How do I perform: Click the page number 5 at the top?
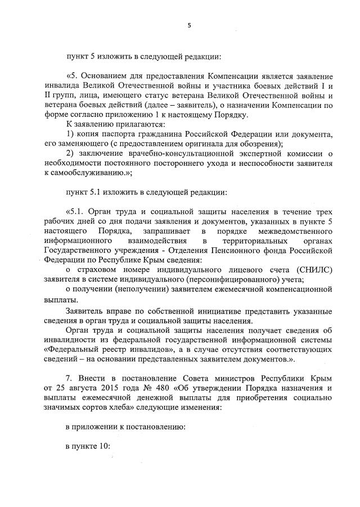tap(190, 25)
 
